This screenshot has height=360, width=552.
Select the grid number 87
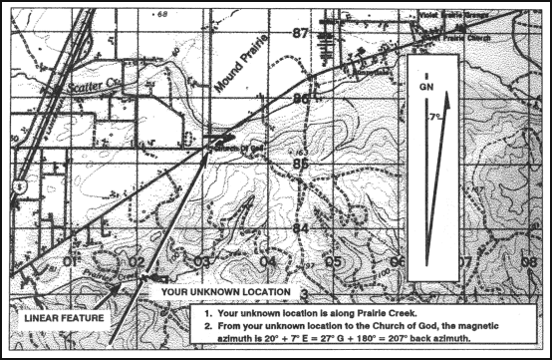[301, 34]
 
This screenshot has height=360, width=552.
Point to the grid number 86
[300, 99]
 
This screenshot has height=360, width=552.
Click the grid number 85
[300, 163]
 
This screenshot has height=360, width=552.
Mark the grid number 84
[300, 228]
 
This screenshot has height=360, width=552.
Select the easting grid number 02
[137, 262]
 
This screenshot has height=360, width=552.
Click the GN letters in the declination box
[426, 88]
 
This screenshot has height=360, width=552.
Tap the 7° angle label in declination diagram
[433, 117]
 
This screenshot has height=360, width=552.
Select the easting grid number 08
[528, 262]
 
